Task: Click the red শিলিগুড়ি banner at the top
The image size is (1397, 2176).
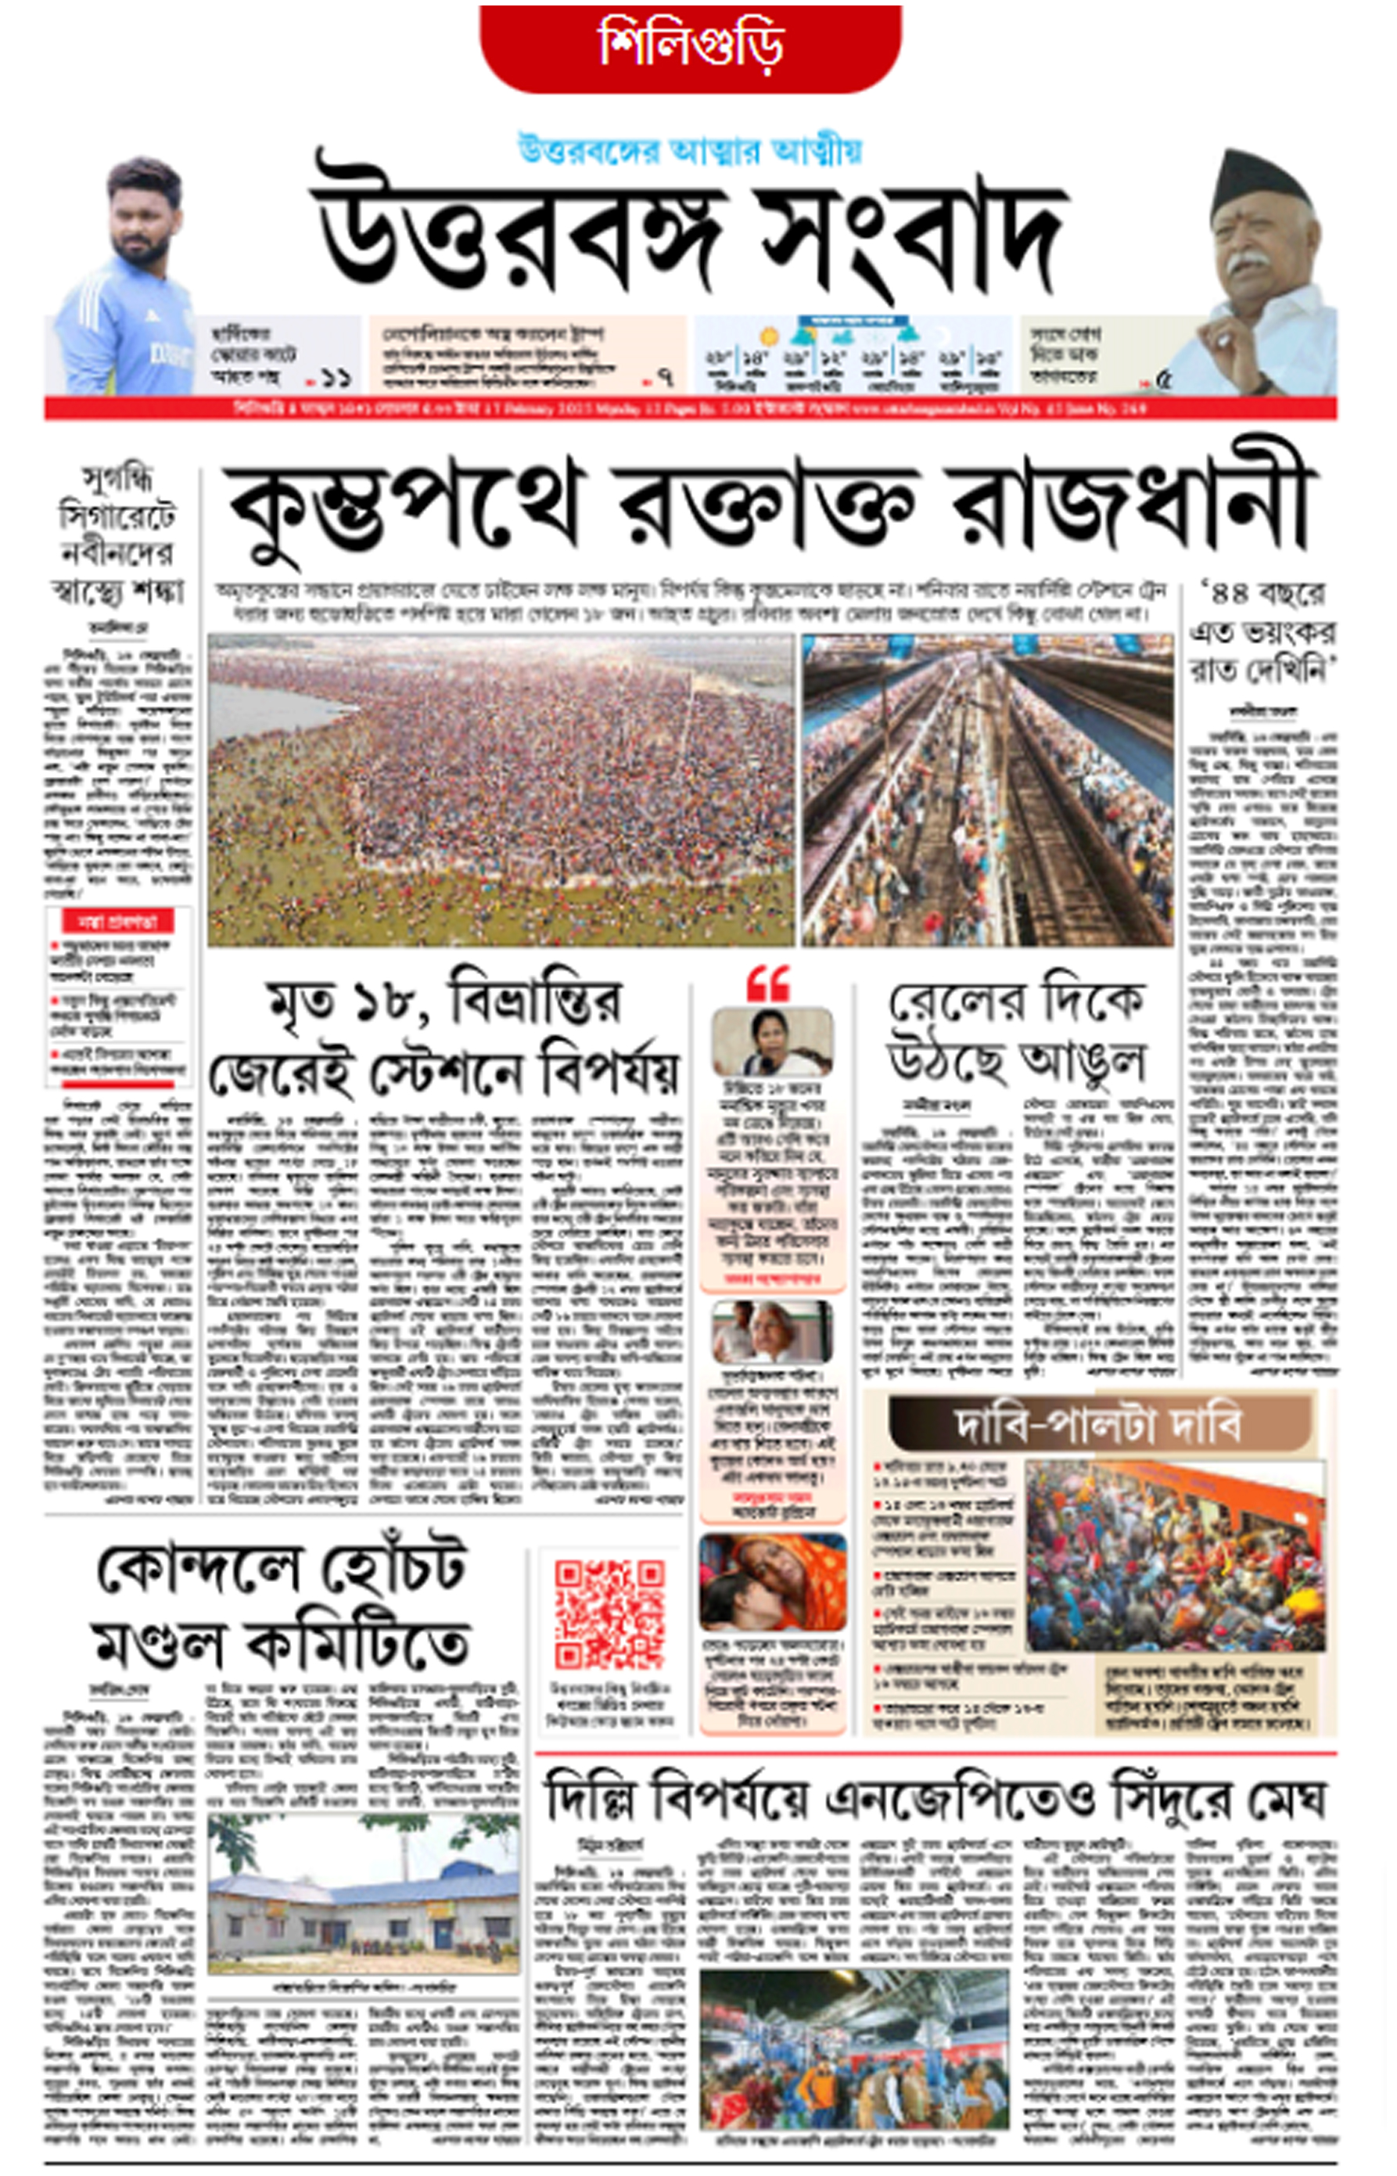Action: [x=689, y=45]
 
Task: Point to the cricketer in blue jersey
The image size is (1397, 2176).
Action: [x=127, y=282]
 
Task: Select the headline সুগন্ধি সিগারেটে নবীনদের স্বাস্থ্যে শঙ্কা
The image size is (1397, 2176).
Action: [x=119, y=535]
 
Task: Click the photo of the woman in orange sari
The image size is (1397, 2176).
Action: [x=772, y=1583]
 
